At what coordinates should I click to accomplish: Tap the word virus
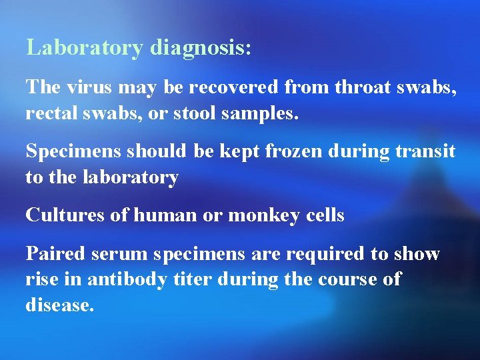pyautogui.click(x=87, y=87)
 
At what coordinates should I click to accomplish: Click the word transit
pyautogui.click(x=427, y=151)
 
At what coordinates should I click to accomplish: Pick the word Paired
pyautogui.click(x=55, y=253)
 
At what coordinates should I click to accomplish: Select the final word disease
pyautogui.click(x=60, y=305)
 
